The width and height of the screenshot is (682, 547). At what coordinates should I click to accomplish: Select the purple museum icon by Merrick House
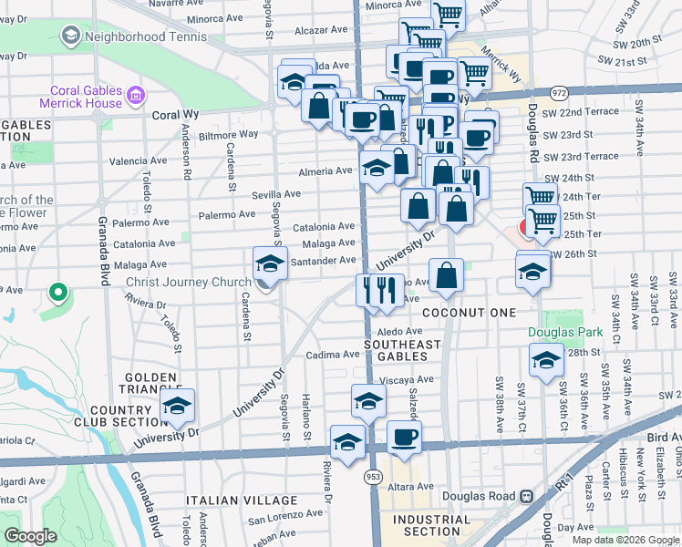(136, 94)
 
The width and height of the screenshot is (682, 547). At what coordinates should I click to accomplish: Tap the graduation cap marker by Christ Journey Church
(269, 263)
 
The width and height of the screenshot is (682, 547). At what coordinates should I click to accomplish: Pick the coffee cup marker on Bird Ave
(404, 437)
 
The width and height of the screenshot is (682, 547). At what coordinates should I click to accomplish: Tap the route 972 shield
(558, 93)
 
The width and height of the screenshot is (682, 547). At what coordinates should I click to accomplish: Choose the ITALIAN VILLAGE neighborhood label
(242, 501)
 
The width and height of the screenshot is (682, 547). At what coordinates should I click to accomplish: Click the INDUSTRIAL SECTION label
(432, 525)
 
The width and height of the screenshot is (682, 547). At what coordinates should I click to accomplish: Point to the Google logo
(30, 536)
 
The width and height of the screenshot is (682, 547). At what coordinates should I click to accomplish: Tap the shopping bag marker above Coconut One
(447, 275)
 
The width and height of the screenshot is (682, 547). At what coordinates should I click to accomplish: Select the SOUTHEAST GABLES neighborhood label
(402, 351)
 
